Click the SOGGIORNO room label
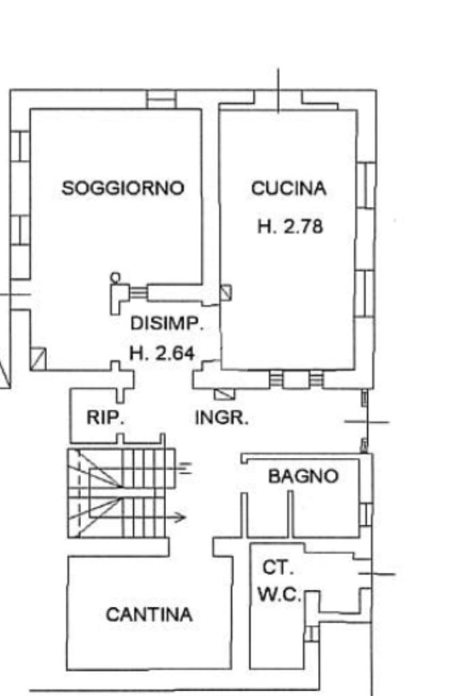click(x=123, y=188)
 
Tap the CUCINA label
click(x=289, y=188)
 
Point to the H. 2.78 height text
click(x=290, y=227)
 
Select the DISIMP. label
click(x=167, y=323)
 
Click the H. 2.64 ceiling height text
click(x=162, y=353)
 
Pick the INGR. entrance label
click(x=222, y=418)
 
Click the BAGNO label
click(x=304, y=476)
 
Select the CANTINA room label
click(x=149, y=615)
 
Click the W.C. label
click(x=279, y=595)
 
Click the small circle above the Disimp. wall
click(x=115, y=278)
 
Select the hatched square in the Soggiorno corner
click(x=37, y=359)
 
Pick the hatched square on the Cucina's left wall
click(x=226, y=293)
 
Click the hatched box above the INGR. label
click(x=225, y=394)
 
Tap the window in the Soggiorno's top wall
click(x=161, y=99)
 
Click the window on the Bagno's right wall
click(x=366, y=514)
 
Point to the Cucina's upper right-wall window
click(x=367, y=185)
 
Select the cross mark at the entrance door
click(x=367, y=422)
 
